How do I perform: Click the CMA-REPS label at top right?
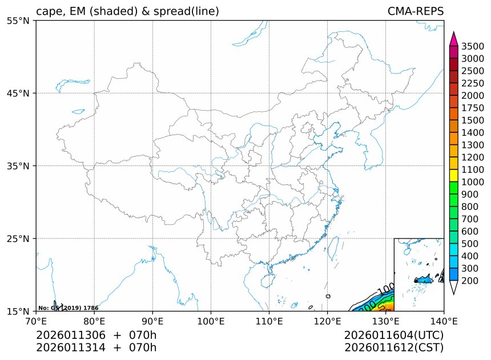point(415,11)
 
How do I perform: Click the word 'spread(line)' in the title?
point(187,11)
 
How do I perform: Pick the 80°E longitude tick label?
point(94,321)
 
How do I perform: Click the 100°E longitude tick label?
point(211,321)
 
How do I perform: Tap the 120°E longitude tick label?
point(327,321)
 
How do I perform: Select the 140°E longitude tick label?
point(444,321)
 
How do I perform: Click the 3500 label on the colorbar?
point(473,46)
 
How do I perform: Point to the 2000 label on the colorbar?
point(473,95)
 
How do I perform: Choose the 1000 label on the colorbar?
point(473,182)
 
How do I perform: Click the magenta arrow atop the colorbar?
point(454,39)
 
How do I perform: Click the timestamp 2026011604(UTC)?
point(394,335)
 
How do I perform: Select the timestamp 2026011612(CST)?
point(394,347)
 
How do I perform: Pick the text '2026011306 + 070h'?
point(96,335)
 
